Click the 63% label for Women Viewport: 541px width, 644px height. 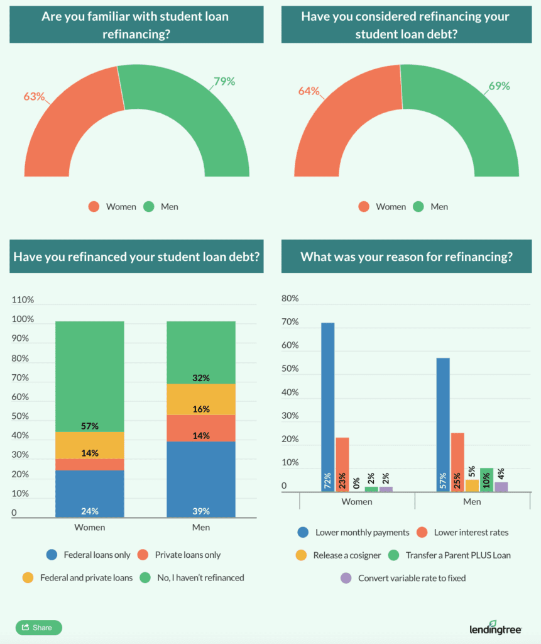(x=34, y=96)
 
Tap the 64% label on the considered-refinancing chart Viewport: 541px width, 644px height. (x=309, y=91)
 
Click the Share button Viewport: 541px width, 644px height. (x=38, y=627)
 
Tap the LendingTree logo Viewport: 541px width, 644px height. (x=496, y=628)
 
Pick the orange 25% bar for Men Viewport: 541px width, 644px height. (x=457, y=462)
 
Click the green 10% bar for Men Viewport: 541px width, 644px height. (x=486, y=479)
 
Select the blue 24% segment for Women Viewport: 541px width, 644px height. (x=90, y=494)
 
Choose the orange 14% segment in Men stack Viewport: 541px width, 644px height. (x=201, y=428)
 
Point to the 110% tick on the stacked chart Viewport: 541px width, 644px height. (x=23, y=300)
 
